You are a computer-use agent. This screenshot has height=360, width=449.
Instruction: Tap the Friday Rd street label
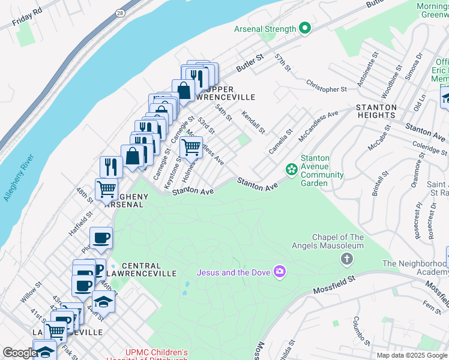pos(28,18)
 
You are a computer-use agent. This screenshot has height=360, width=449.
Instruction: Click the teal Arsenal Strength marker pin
pos(304,28)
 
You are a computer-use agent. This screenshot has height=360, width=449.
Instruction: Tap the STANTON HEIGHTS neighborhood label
pos(376,111)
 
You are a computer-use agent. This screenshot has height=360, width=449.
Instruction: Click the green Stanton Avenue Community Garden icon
pos(292,170)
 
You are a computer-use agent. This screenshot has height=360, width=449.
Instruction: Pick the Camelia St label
pos(280,140)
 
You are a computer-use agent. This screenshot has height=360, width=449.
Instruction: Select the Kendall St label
pos(253,122)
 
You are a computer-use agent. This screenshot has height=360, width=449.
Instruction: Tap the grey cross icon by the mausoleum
pos(346,259)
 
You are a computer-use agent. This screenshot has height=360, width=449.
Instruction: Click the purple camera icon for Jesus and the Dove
pos(279,272)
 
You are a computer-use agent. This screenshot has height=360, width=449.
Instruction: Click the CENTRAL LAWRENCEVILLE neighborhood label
pos(149,269)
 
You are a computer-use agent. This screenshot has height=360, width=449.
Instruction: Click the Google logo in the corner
pos(20,353)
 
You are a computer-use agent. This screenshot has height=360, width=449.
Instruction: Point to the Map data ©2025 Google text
pos(411,355)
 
